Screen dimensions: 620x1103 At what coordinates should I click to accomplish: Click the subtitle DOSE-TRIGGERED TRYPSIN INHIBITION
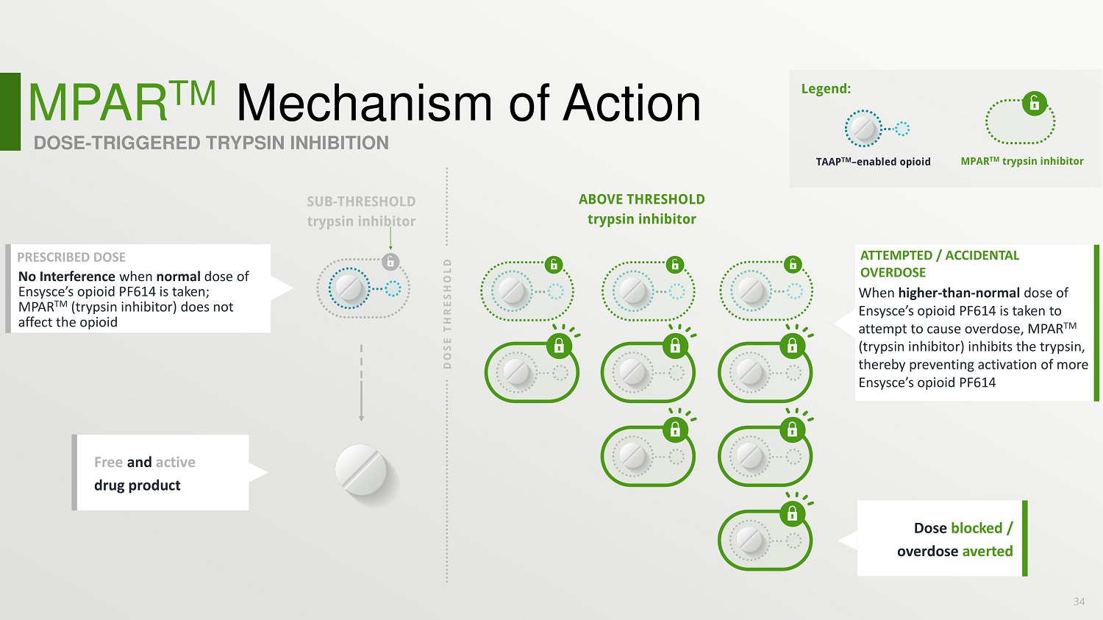[x=211, y=143]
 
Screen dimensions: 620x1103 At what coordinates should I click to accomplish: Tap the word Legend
[x=825, y=89]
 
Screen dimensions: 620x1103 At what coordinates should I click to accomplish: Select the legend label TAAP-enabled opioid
[x=873, y=162]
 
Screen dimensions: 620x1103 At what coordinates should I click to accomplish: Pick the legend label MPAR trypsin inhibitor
[x=1021, y=161]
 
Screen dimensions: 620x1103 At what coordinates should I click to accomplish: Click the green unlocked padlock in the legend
[x=1034, y=103]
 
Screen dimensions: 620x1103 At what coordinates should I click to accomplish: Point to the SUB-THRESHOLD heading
[x=361, y=202]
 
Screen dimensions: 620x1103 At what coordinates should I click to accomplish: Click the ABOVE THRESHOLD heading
[x=641, y=199]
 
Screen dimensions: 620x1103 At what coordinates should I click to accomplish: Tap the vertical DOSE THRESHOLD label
[x=447, y=313]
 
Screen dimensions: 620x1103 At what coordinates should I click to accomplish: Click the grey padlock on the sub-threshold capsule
[x=390, y=261]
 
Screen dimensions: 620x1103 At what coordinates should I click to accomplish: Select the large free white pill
[x=361, y=470]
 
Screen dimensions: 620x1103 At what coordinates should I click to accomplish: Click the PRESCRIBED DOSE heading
[x=71, y=257]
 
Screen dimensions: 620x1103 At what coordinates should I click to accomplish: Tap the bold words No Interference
[x=66, y=277]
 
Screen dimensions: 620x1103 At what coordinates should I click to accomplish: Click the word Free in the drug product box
[x=108, y=463]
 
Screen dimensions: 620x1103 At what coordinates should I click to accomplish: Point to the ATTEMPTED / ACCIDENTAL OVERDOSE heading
[x=939, y=263]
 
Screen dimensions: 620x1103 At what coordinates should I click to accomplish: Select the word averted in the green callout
[x=988, y=552]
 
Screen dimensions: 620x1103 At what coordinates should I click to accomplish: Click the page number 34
[x=1079, y=602]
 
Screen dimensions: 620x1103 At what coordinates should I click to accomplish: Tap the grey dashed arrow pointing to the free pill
[x=361, y=382]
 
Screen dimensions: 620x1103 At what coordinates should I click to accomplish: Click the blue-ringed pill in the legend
[x=863, y=129]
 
